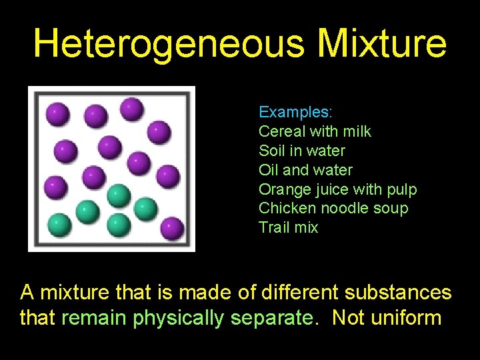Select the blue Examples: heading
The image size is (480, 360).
[x=295, y=112]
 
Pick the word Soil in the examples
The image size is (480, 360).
[x=272, y=151]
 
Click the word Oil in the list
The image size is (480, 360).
[x=269, y=170]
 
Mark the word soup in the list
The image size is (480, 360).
[x=391, y=209]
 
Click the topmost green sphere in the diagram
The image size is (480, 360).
[x=118, y=195]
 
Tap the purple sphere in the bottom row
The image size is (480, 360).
[x=172, y=228]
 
